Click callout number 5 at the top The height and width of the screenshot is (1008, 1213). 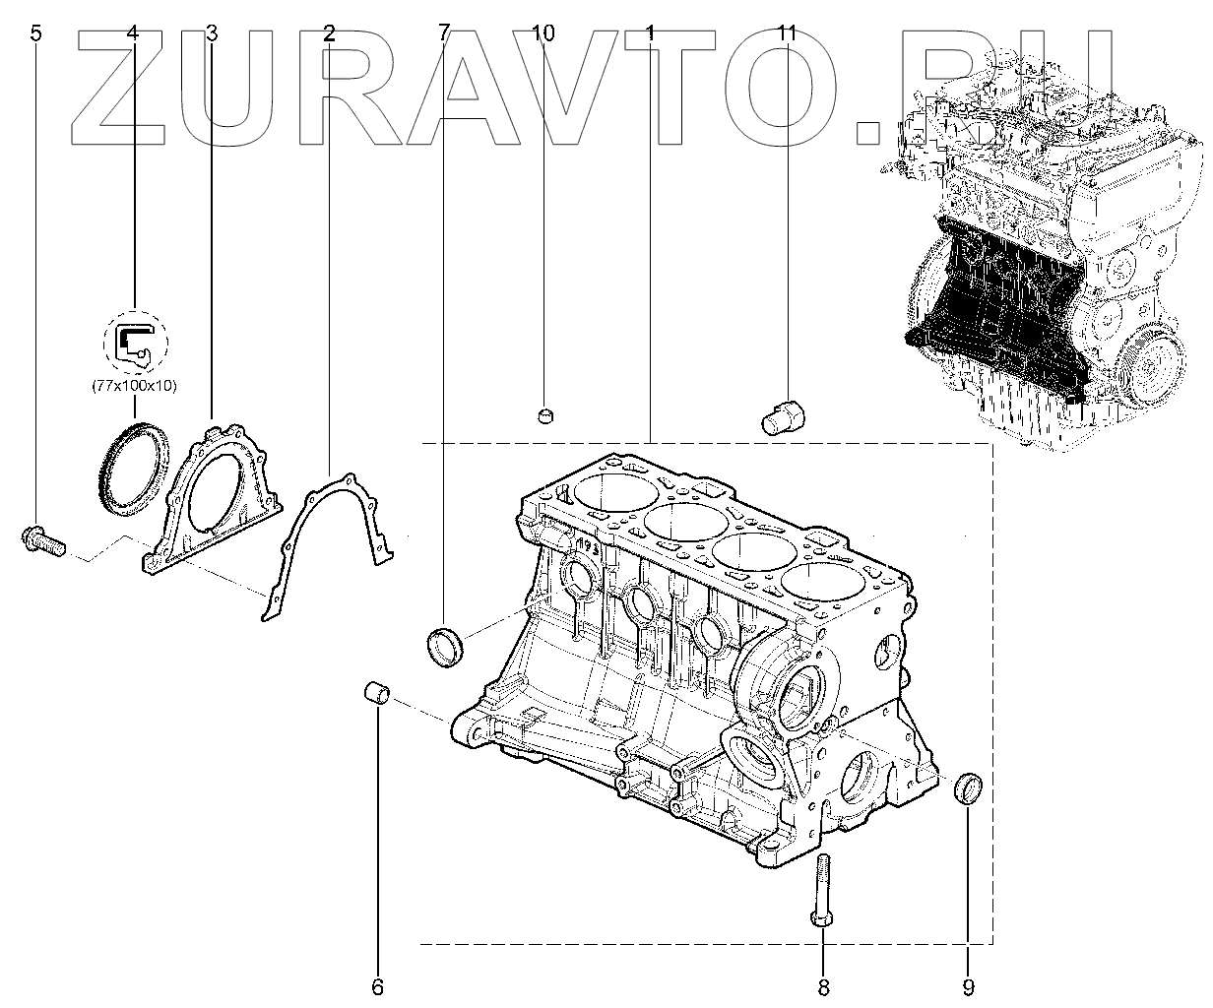(x=36, y=33)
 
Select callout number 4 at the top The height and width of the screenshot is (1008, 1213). (x=133, y=33)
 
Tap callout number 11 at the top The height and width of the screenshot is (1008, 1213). (x=785, y=33)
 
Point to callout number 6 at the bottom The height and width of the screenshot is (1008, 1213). (x=377, y=985)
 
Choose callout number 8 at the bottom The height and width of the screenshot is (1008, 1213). (x=824, y=985)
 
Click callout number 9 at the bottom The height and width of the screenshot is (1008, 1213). (x=967, y=985)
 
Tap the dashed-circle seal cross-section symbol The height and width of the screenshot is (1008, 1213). (x=136, y=343)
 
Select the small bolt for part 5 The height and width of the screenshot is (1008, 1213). (x=40, y=539)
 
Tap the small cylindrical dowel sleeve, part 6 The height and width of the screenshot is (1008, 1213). (x=377, y=693)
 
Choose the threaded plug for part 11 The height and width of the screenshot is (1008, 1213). (x=782, y=418)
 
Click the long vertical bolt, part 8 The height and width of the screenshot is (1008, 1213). (x=824, y=891)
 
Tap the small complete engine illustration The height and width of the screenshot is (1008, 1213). (x=1044, y=246)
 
